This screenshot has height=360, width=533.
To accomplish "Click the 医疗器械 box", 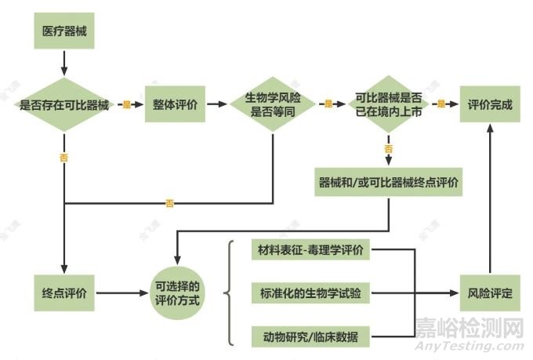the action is pyautogui.click(x=64, y=31).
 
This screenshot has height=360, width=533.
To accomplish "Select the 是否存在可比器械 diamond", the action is pyautogui.click(x=64, y=104).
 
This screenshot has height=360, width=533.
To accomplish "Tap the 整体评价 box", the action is pyautogui.click(x=175, y=104).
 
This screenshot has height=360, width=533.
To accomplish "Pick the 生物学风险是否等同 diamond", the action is pyautogui.click(x=273, y=104).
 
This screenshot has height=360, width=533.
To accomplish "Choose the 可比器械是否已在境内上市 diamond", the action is pyautogui.click(x=389, y=104).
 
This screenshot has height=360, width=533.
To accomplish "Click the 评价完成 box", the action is pyautogui.click(x=490, y=104).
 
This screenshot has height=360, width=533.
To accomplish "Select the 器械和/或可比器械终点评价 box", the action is pyautogui.click(x=389, y=182).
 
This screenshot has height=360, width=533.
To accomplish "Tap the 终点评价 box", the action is pyautogui.click(x=64, y=293).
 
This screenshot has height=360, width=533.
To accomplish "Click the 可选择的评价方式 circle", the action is pyautogui.click(x=177, y=293).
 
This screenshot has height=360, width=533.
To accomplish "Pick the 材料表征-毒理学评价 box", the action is pyautogui.click(x=310, y=249).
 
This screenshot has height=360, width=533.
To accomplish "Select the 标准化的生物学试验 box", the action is pyautogui.click(x=310, y=293).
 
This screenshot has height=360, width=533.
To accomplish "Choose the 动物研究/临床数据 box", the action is pyautogui.click(x=310, y=336).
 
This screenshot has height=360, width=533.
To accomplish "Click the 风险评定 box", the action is pyautogui.click(x=490, y=293).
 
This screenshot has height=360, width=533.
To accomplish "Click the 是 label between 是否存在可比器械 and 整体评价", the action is pyautogui.click(x=126, y=104).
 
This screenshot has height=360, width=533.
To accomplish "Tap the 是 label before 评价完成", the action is pyautogui.click(x=441, y=104).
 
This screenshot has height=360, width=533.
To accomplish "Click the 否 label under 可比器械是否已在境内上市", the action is pyautogui.click(x=389, y=149).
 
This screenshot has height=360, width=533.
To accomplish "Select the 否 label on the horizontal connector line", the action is pyautogui.click(x=169, y=203).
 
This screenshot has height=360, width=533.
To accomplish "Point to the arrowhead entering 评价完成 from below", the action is pyautogui.click(x=490, y=129).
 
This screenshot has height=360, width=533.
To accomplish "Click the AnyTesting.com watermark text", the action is pyautogui.click(x=469, y=346).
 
